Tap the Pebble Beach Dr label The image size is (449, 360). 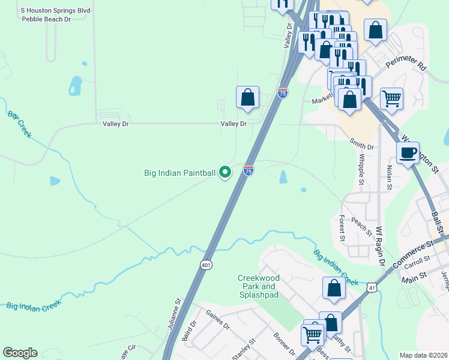click(x=46, y=19)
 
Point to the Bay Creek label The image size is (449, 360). click(x=20, y=125)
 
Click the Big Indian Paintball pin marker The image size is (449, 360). click(x=225, y=172)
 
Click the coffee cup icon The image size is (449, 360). click(x=408, y=153)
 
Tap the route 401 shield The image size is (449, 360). click(x=206, y=265)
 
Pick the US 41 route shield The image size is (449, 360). click(x=373, y=289)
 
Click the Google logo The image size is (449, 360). click(x=20, y=353)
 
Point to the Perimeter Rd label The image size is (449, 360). click(x=406, y=61)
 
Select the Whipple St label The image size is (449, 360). click(x=361, y=168)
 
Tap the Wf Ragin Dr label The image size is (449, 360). click(x=379, y=246)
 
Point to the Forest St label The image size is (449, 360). click(x=342, y=228)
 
